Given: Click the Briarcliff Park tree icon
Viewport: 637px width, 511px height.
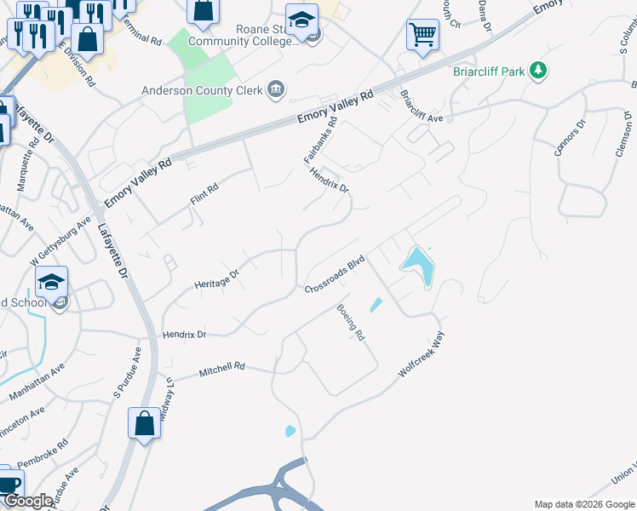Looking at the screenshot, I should click(x=537, y=71).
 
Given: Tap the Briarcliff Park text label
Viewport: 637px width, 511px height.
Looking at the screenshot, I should click(x=488, y=72).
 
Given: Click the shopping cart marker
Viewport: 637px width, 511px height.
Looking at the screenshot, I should click(x=422, y=36).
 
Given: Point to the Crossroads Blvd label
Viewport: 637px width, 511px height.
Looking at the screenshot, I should click(x=335, y=274).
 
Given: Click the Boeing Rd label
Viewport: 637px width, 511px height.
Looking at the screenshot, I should click(x=350, y=323).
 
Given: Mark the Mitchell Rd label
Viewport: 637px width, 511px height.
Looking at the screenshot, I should click(x=221, y=370).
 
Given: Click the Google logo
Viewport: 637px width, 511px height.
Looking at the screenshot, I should click(x=28, y=501).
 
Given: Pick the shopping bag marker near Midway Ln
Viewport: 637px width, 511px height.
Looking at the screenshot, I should click(x=145, y=422).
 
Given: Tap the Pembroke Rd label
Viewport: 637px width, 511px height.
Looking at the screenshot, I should click(x=52, y=456).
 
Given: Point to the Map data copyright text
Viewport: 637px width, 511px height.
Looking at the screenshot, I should click(x=583, y=504).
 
